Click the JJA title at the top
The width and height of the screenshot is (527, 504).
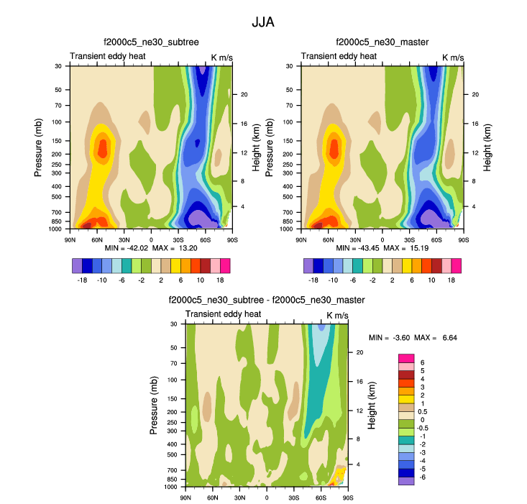coord(262,22)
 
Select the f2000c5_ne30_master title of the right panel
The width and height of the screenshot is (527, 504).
coord(382,42)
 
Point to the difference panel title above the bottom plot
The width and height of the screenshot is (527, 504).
coord(266,300)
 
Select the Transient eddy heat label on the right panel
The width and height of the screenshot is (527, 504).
coord(338,56)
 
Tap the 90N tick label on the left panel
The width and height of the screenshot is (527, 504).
coord(70,239)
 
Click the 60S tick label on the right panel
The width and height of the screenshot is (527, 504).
coord(436,239)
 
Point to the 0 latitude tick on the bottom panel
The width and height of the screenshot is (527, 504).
coord(267,498)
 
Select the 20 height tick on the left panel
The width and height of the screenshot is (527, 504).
coord(244,94)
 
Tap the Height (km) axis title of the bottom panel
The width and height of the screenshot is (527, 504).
coord(372,405)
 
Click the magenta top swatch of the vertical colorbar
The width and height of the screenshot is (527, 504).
coord(406,357)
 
